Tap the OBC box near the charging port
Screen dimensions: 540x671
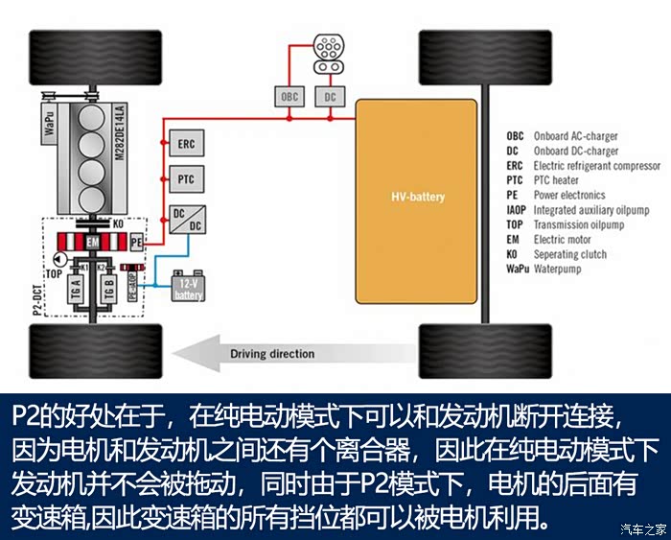(289, 97)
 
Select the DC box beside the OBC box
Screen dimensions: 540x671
(330, 97)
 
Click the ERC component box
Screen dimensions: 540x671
(186, 144)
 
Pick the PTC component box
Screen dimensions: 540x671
(186, 179)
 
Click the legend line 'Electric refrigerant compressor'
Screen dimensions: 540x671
(583, 166)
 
